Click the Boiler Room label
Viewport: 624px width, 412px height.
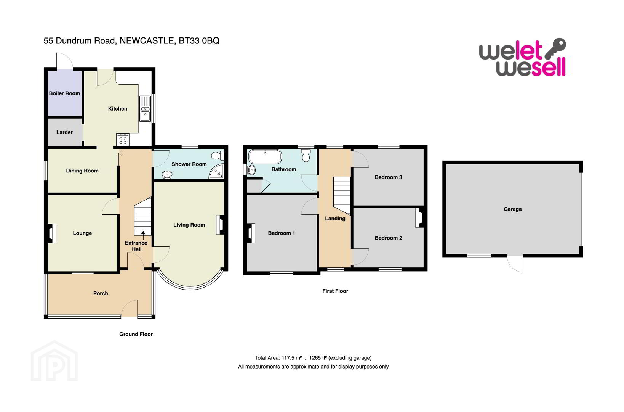click(x=64, y=93)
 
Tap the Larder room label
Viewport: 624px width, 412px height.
click(x=64, y=132)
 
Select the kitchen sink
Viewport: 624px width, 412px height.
click(x=145, y=109)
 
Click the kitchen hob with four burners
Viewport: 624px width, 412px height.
click(x=123, y=140)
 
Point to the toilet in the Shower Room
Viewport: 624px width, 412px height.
click(x=218, y=155)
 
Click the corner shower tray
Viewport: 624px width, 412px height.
click(x=217, y=171)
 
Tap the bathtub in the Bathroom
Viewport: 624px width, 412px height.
click(x=265, y=156)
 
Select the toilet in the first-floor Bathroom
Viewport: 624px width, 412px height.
click(x=306, y=155)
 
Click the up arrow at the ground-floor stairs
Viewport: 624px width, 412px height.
click(x=143, y=236)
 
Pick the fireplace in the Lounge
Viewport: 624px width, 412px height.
click(x=51, y=233)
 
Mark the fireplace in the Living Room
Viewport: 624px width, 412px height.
click(x=221, y=225)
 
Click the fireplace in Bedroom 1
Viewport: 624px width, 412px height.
click(x=251, y=233)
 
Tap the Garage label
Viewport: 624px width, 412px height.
click(x=513, y=209)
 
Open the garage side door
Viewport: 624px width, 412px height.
click(x=515, y=264)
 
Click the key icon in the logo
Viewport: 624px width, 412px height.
click(x=555, y=48)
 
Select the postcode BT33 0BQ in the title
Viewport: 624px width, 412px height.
click(x=199, y=41)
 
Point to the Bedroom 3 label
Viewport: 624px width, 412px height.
click(x=388, y=177)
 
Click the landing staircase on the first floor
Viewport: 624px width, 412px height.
click(x=342, y=196)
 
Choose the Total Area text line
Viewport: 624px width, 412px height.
click(x=314, y=358)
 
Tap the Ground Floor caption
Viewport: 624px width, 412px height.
click(x=136, y=334)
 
